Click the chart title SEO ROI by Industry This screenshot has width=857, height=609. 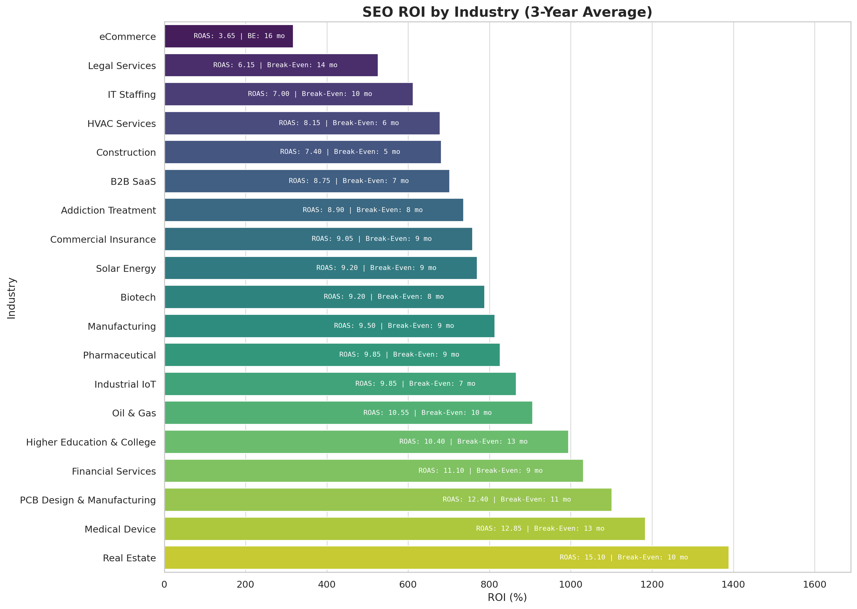[507, 12]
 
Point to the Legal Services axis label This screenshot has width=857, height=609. [122, 66]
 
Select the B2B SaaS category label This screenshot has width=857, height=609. [133, 181]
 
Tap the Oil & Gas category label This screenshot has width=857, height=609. [134, 413]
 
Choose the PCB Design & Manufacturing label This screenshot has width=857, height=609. [88, 500]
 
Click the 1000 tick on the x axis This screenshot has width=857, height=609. [571, 584]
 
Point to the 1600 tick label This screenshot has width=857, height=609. [815, 584]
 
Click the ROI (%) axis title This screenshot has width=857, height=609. [507, 597]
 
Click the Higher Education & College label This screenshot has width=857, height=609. [91, 442]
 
